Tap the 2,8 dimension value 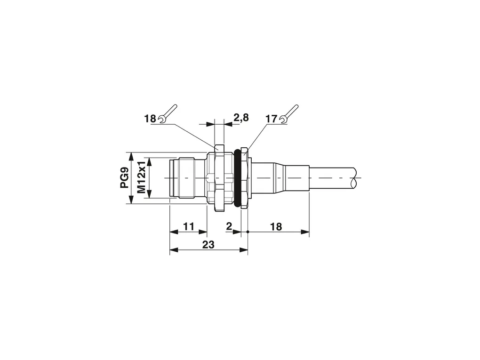(241, 118)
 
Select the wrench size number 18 (150, 119)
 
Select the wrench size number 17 (271, 119)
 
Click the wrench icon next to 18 (168, 114)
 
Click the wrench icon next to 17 (289, 114)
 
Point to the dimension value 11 (189, 226)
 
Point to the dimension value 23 (208, 245)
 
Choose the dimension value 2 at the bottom (229, 226)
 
